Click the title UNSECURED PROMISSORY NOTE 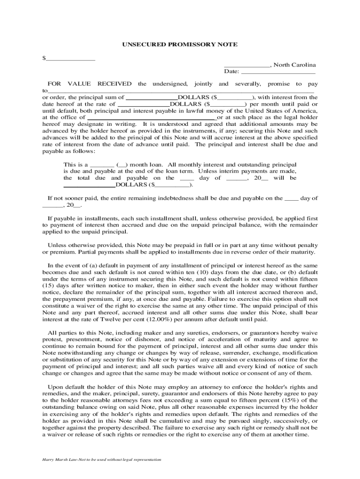(x=180, y=44)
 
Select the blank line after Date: (x=278, y=73)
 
